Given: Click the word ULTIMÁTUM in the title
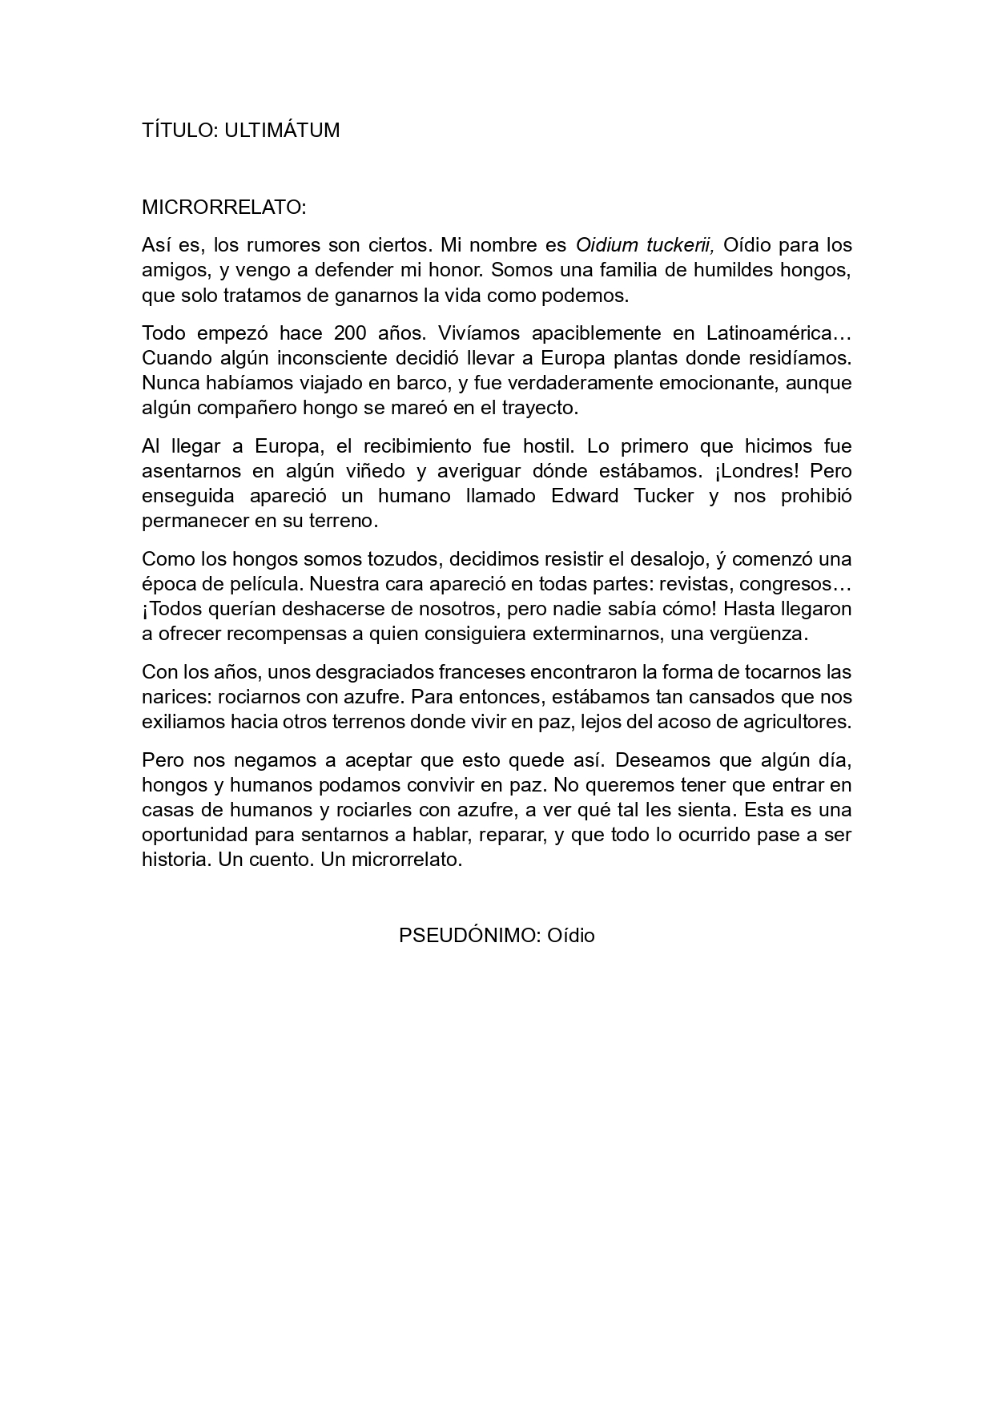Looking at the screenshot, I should point(282,131).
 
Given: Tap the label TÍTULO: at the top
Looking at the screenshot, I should point(180,131).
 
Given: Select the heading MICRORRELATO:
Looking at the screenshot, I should point(224,207).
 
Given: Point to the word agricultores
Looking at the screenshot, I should point(794,721).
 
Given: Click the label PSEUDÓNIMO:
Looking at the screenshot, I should point(469,936).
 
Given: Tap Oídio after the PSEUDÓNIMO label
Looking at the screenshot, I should point(571,936).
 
